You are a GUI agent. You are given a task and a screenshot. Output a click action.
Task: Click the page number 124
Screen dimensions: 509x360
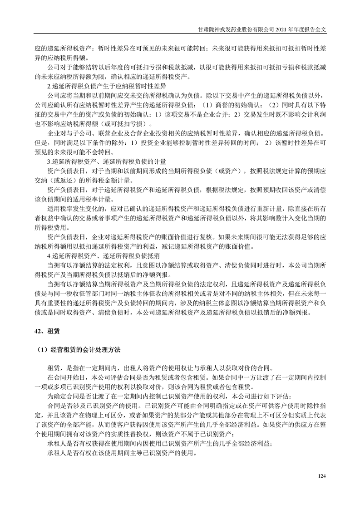(322, 476)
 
